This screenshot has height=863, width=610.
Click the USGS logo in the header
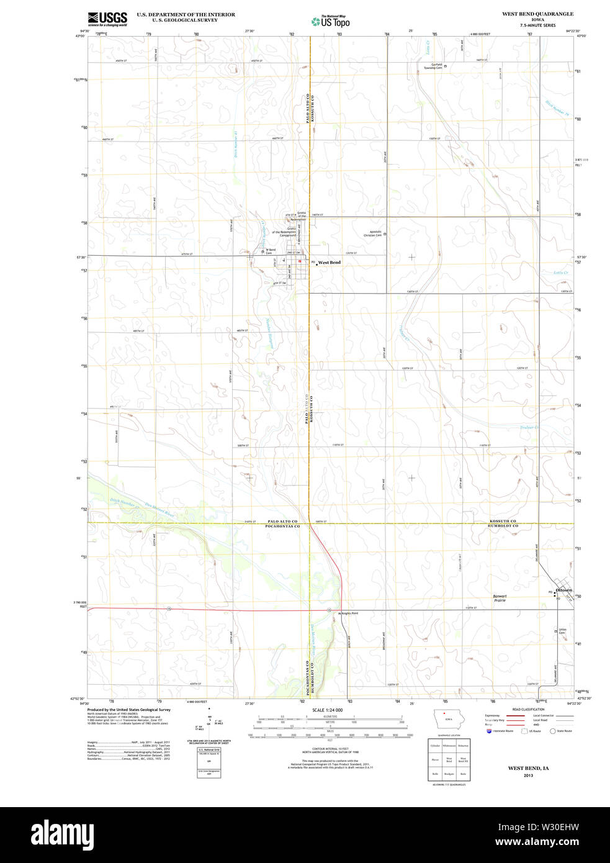coord(107,19)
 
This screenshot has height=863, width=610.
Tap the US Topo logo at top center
coord(330,22)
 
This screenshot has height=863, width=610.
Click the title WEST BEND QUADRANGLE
coord(537,14)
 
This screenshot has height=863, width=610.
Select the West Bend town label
coord(329,263)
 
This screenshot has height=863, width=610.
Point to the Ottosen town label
coord(563,590)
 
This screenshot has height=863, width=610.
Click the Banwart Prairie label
coord(500,599)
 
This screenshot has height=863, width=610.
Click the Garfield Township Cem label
coord(433,66)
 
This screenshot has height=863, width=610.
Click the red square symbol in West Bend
coord(299,261)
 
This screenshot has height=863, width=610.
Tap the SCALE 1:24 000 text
coord(327,710)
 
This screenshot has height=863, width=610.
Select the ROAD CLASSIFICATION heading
coord(528,709)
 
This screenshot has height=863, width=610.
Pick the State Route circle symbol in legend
coord(552,731)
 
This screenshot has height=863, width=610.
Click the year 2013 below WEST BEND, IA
coord(528,775)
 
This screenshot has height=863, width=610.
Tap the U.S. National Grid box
coord(209,750)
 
